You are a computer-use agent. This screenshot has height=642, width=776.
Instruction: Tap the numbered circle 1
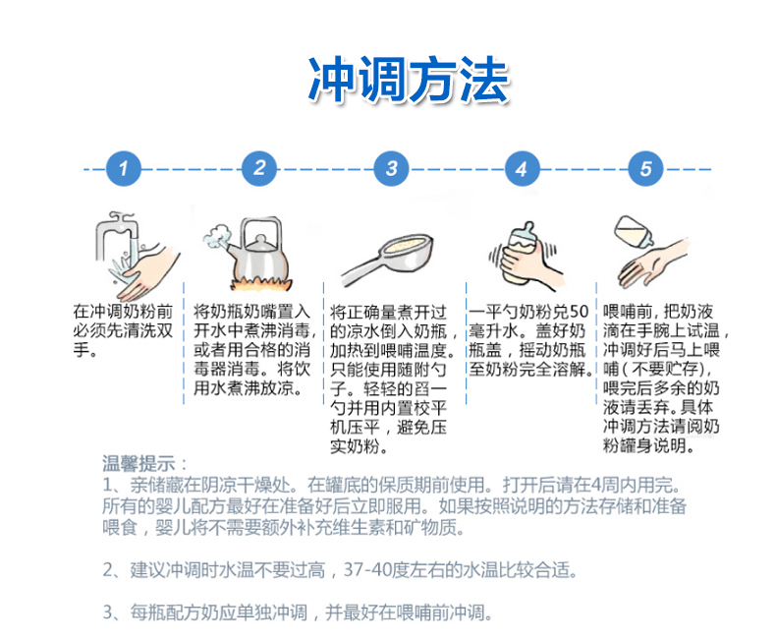[123, 168]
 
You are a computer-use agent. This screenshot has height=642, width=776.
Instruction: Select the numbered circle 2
[258, 168]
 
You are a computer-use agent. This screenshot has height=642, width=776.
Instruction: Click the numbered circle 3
[392, 168]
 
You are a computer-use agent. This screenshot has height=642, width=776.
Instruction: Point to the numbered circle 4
[522, 168]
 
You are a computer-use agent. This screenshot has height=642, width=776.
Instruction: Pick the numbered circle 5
[645, 168]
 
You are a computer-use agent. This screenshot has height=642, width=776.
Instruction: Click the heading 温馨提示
[143, 463]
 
